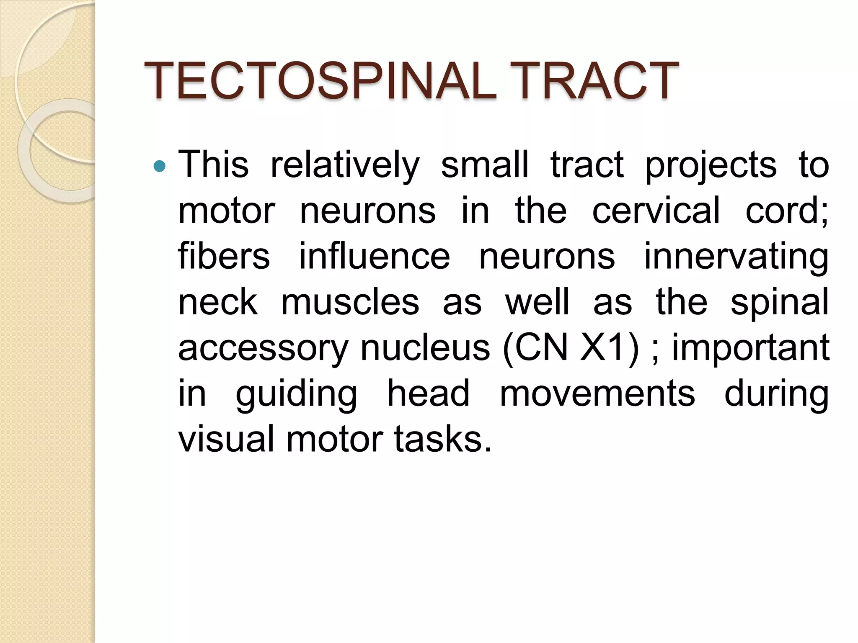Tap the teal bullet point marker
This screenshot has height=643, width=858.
[x=160, y=167]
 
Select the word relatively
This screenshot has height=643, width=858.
[x=345, y=165]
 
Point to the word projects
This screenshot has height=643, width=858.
[x=711, y=165]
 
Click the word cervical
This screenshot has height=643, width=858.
[x=656, y=211]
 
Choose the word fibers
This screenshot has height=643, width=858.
[x=224, y=256]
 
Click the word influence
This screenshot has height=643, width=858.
[x=375, y=256]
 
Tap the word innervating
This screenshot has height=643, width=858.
[x=736, y=256]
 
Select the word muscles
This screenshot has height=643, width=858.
[x=350, y=302]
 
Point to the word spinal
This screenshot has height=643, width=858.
[x=779, y=302]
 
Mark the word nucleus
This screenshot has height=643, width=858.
[x=425, y=348]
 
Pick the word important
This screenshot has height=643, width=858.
[x=750, y=348]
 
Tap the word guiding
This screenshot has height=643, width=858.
[x=296, y=394]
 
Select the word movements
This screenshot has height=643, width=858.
[x=597, y=394]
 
